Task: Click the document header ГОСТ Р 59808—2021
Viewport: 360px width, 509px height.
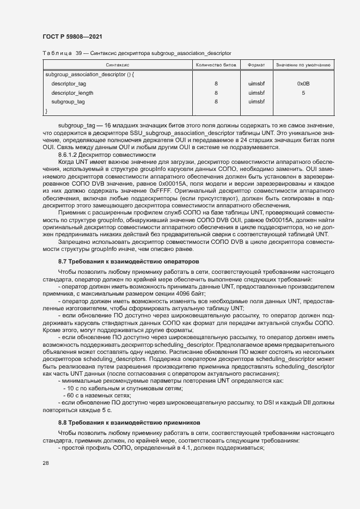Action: [72, 36]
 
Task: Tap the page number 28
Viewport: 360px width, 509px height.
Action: [46, 463]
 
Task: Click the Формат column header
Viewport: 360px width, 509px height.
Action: [256, 65]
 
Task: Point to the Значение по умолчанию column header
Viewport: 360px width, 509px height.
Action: [303, 65]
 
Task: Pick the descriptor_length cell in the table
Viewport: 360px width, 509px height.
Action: [72, 93]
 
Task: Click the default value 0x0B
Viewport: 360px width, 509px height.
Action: [303, 84]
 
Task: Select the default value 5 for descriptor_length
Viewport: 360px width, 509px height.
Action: [303, 93]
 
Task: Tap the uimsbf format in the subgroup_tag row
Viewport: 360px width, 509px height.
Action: [256, 102]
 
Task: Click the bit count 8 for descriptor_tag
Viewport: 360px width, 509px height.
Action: [216, 84]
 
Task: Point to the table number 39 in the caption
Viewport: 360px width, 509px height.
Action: [78, 53]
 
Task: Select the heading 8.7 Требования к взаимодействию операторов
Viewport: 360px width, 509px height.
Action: [129, 262]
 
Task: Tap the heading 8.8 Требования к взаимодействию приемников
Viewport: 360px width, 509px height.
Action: [130, 422]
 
